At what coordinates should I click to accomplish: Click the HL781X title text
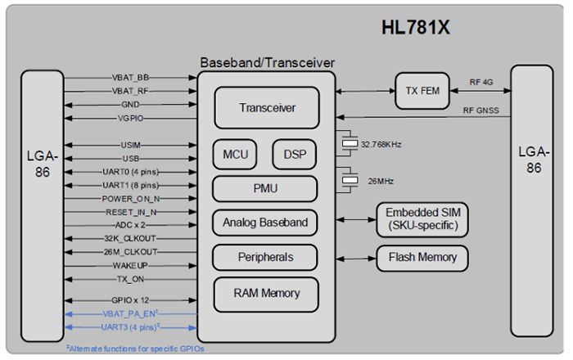pyautogui.click(x=417, y=27)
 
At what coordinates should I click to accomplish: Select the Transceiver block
pyautogui.click(x=267, y=108)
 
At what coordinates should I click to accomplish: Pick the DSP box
pyautogui.click(x=294, y=154)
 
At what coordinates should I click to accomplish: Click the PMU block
pyautogui.click(x=266, y=188)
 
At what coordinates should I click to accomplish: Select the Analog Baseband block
pyautogui.click(x=266, y=222)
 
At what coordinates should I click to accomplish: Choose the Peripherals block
pyautogui.click(x=266, y=257)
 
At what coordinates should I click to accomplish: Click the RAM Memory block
pyautogui.click(x=266, y=293)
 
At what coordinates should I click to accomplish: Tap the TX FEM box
pyautogui.click(x=422, y=91)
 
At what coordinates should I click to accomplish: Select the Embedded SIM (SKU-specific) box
pyautogui.click(x=422, y=219)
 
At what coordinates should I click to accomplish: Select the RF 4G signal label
pyautogui.click(x=483, y=82)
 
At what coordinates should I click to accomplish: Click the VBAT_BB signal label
pyautogui.click(x=131, y=79)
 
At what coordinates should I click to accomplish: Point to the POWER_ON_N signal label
pyautogui.click(x=131, y=198)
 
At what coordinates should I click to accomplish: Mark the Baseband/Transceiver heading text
pyautogui.click(x=266, y=62)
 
